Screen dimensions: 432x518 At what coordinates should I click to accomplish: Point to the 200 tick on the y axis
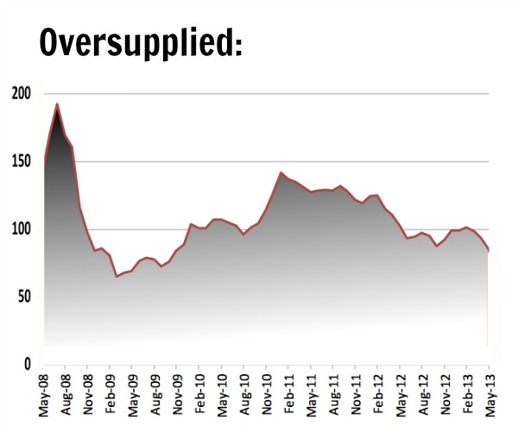click(20, 94)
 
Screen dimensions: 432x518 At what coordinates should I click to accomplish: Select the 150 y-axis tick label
click(20, 162)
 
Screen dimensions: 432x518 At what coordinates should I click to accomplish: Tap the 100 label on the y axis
click(20, 229)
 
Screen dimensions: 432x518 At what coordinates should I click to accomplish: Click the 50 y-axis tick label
click(23, 297)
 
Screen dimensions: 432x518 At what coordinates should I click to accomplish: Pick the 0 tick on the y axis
click(27, 365)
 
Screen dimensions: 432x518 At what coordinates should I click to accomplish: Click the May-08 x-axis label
click(46, 395)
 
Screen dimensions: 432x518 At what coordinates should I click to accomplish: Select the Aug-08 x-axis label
click(67, 395)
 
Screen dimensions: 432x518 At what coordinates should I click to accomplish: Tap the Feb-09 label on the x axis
click(111, 395)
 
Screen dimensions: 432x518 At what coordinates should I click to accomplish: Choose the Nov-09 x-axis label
click(177, 395)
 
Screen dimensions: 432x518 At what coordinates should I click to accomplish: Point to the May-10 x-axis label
click(221, 395)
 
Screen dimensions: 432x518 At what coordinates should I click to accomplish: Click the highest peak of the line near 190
click(57, 104)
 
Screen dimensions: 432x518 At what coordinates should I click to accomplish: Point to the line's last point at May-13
click(490, 251)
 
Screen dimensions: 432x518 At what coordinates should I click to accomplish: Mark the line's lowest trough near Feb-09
click(116, 277)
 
